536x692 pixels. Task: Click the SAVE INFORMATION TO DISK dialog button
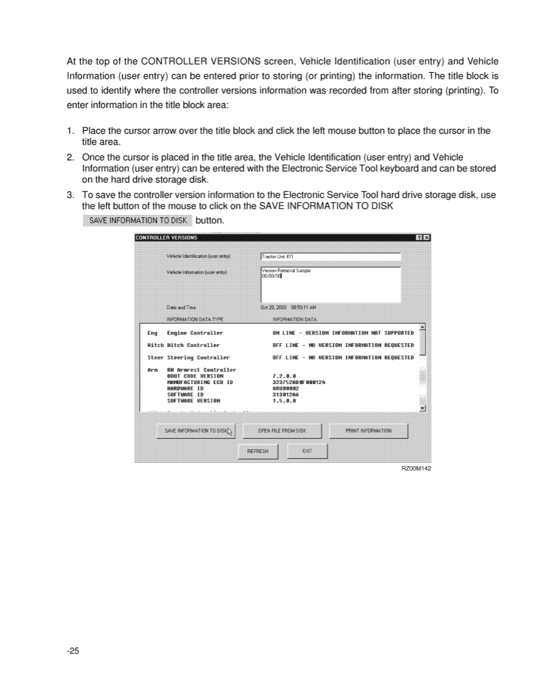coord(196,431)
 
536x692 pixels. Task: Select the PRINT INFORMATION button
coord(369,431)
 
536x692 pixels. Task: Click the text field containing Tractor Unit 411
coord(330,256)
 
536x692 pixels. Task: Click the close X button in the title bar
coord(427,238)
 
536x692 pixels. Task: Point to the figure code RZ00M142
coord(416,468)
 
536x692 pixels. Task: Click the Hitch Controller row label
coord(193,345)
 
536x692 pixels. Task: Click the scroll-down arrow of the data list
coord(422,408)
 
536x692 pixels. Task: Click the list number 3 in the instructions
coord(70,194)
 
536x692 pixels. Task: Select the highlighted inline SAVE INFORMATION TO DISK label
coord(138,221)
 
